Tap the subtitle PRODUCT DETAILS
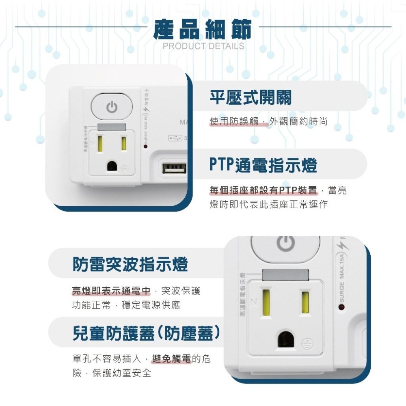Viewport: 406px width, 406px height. (x=203, y=46)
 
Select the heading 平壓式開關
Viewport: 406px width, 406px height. (x=251, y=97)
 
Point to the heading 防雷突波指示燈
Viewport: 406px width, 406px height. (x=130, y=264)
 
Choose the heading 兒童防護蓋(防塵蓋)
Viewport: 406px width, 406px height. (x=147, y=333)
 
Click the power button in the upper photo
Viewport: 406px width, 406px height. (x=112, y=107)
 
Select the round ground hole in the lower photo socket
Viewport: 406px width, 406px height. (x=286, y=339)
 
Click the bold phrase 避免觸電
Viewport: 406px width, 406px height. (x=171, y=359)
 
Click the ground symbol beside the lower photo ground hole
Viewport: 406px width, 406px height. (x=307, y=345)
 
